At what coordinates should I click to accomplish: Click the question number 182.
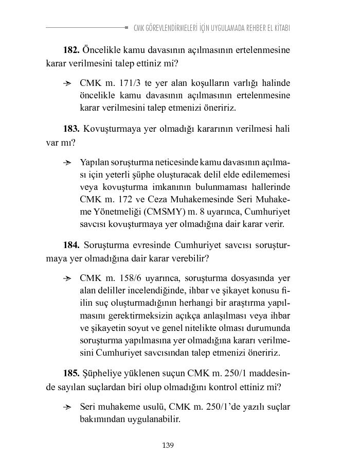[71, 50]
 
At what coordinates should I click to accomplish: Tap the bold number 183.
[71, 129]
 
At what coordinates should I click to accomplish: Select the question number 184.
[71, 244]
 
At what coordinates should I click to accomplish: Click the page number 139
[168, 445]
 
